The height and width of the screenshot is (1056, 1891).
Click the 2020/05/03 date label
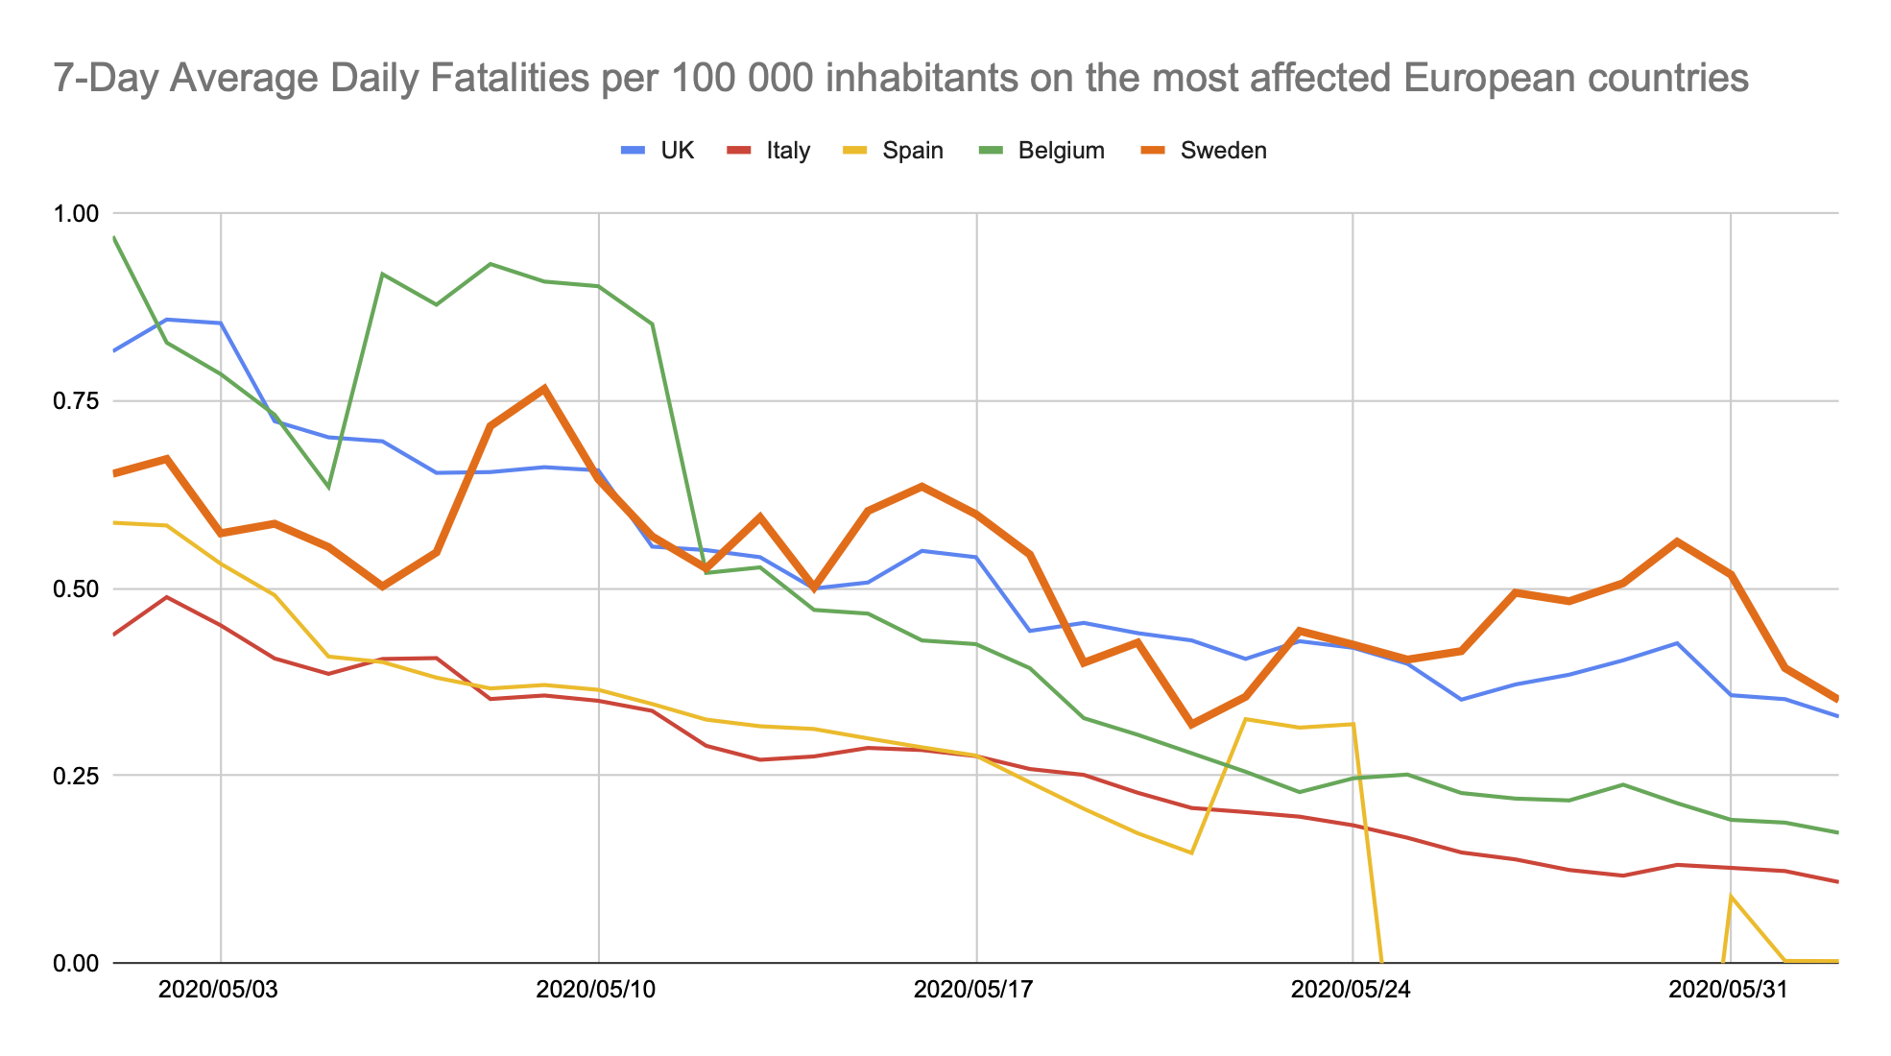(218, 990)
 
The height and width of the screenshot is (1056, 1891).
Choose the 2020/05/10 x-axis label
(596, 990)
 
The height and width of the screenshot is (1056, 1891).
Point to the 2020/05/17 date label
(973, 990)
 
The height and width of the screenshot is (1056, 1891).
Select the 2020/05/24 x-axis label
(1351, 990)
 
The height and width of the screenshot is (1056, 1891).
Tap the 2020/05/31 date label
(1728, 990)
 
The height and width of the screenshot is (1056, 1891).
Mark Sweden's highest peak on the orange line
(544, 389)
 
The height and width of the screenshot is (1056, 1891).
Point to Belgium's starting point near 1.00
(114, 237)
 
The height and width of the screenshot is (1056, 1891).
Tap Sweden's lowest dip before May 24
(1191, 724)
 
